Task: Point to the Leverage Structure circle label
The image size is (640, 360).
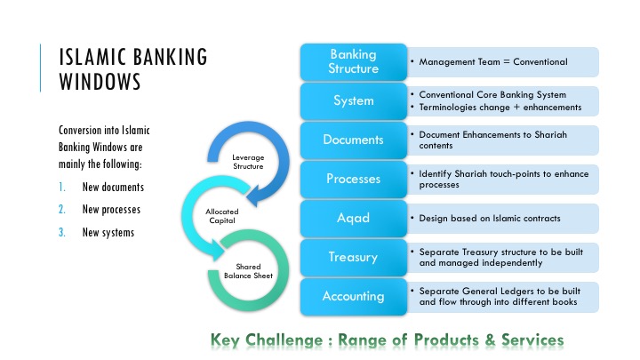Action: [247, 161]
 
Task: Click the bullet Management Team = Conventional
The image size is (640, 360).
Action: [492, 62]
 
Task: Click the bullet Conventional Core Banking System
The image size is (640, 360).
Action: [492, 94]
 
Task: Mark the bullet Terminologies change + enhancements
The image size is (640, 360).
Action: [500, 107]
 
